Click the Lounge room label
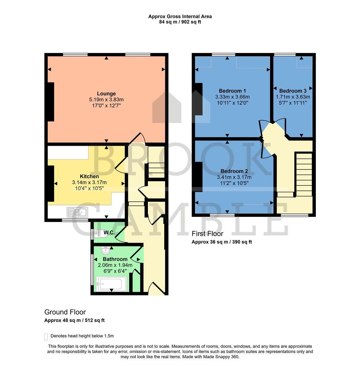[x=106, y=94]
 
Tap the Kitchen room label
[x=89, y=176]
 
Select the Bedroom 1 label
[x=232, y=91]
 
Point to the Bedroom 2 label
[x=234, y=171]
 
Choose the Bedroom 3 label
[x=293, y=91]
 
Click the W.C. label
[x=109, y=232]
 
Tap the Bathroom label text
[x=115, y=259]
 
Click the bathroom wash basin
[x=106, y=250]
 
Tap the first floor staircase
[x=304, y=175]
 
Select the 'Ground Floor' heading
[x=65, y=312]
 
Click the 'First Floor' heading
[x=207, y=233]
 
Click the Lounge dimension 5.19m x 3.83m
[x=106, y=100]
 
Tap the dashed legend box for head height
[x=46, y=337]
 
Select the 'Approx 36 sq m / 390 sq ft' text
[x=222, y=242]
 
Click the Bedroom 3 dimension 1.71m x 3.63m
[x=293, y=97]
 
